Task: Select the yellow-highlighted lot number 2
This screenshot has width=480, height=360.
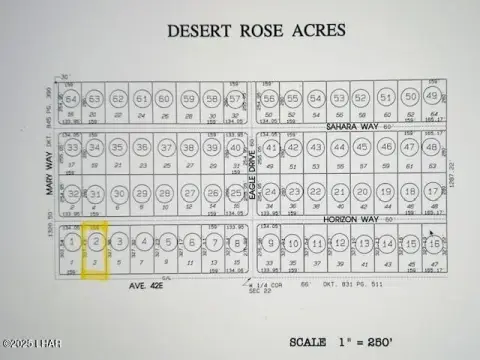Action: click(96, 242)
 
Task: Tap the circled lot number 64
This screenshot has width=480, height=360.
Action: click(72, 99)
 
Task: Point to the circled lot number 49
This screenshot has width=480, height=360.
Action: click(432, 97)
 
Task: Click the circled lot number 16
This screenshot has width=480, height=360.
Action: click(434, 243)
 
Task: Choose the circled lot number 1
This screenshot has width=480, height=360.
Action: click(73, 242)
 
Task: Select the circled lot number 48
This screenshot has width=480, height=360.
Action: click(432, 148)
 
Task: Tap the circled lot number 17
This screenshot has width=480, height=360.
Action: click(432, 192)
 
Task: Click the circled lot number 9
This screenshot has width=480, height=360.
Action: click(272, 243)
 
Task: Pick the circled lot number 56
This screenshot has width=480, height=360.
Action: click(271, 98)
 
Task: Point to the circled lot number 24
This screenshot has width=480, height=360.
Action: click(271, 192)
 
